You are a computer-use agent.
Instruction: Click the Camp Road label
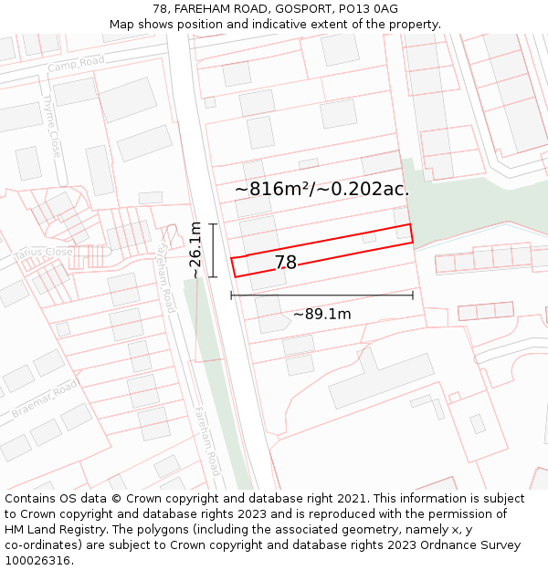tap(77, 64)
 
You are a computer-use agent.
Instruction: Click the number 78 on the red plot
tap(286, 263)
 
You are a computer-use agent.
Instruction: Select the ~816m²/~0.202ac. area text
tap(321, 189)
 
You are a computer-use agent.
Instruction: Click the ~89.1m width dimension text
tap(321, 314)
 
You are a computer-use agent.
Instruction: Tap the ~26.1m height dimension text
tap(195, 250)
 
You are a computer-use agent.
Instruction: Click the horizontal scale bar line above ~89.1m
tap(321, 295)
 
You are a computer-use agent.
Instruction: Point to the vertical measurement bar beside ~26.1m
tap(213, 250)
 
